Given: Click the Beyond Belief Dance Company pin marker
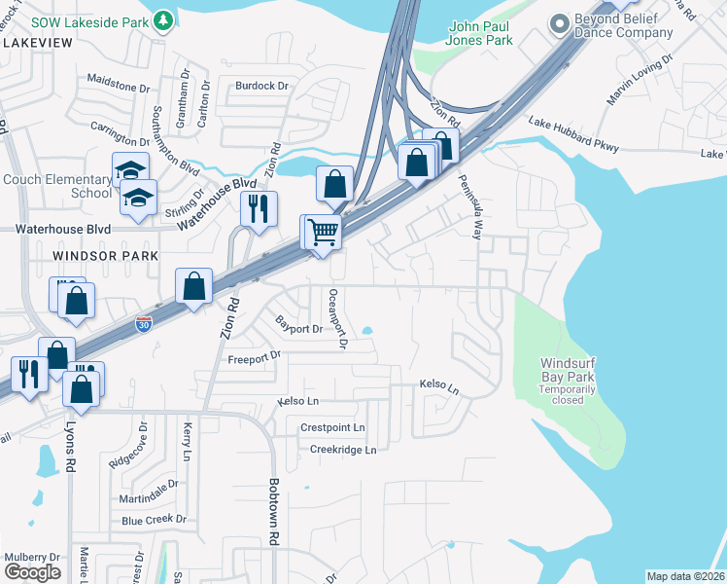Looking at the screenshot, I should coord(559,21).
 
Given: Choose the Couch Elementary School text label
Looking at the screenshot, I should coord(57,186).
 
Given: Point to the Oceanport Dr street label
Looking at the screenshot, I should coord(336,318).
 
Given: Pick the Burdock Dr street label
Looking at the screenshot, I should coord(262,86).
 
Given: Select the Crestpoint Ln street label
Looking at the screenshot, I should coord(332,427).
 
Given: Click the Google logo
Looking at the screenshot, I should coord(32,572).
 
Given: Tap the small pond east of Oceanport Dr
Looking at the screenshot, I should coord(366,331).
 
